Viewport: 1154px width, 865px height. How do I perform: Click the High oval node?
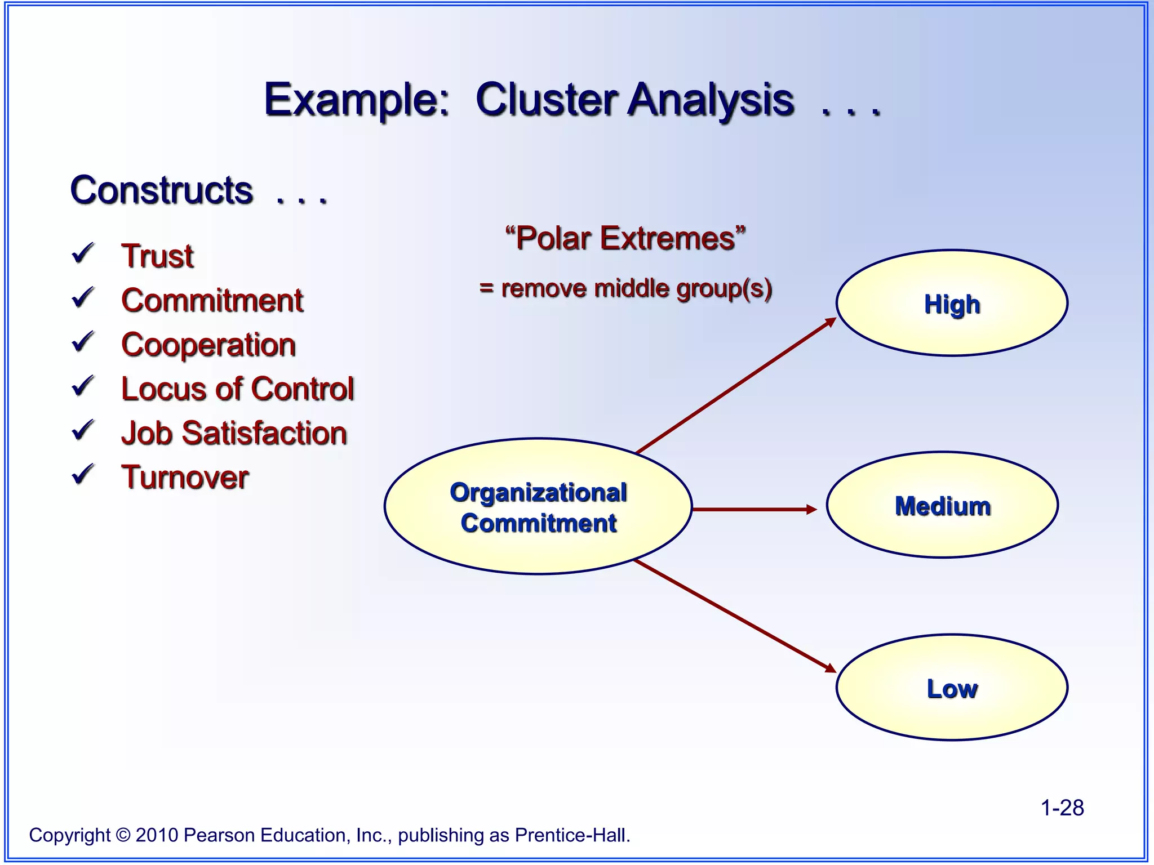952,303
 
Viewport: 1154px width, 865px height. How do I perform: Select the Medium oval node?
942,505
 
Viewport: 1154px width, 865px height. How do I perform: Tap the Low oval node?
952,688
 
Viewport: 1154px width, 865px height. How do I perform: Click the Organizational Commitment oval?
538,507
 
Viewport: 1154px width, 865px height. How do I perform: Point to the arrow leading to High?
735,386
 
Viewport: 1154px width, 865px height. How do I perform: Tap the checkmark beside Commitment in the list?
83,298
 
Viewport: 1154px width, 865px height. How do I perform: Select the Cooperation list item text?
208,345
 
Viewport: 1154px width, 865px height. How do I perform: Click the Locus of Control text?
237,389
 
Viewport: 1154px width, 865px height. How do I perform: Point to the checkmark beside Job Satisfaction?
83,430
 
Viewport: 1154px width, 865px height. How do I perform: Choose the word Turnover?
185,478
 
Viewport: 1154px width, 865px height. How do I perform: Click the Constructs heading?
162,190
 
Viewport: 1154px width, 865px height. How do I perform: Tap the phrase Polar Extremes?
625,238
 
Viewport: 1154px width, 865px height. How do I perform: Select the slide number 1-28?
1062,808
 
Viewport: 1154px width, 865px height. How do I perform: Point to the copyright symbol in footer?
123,835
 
